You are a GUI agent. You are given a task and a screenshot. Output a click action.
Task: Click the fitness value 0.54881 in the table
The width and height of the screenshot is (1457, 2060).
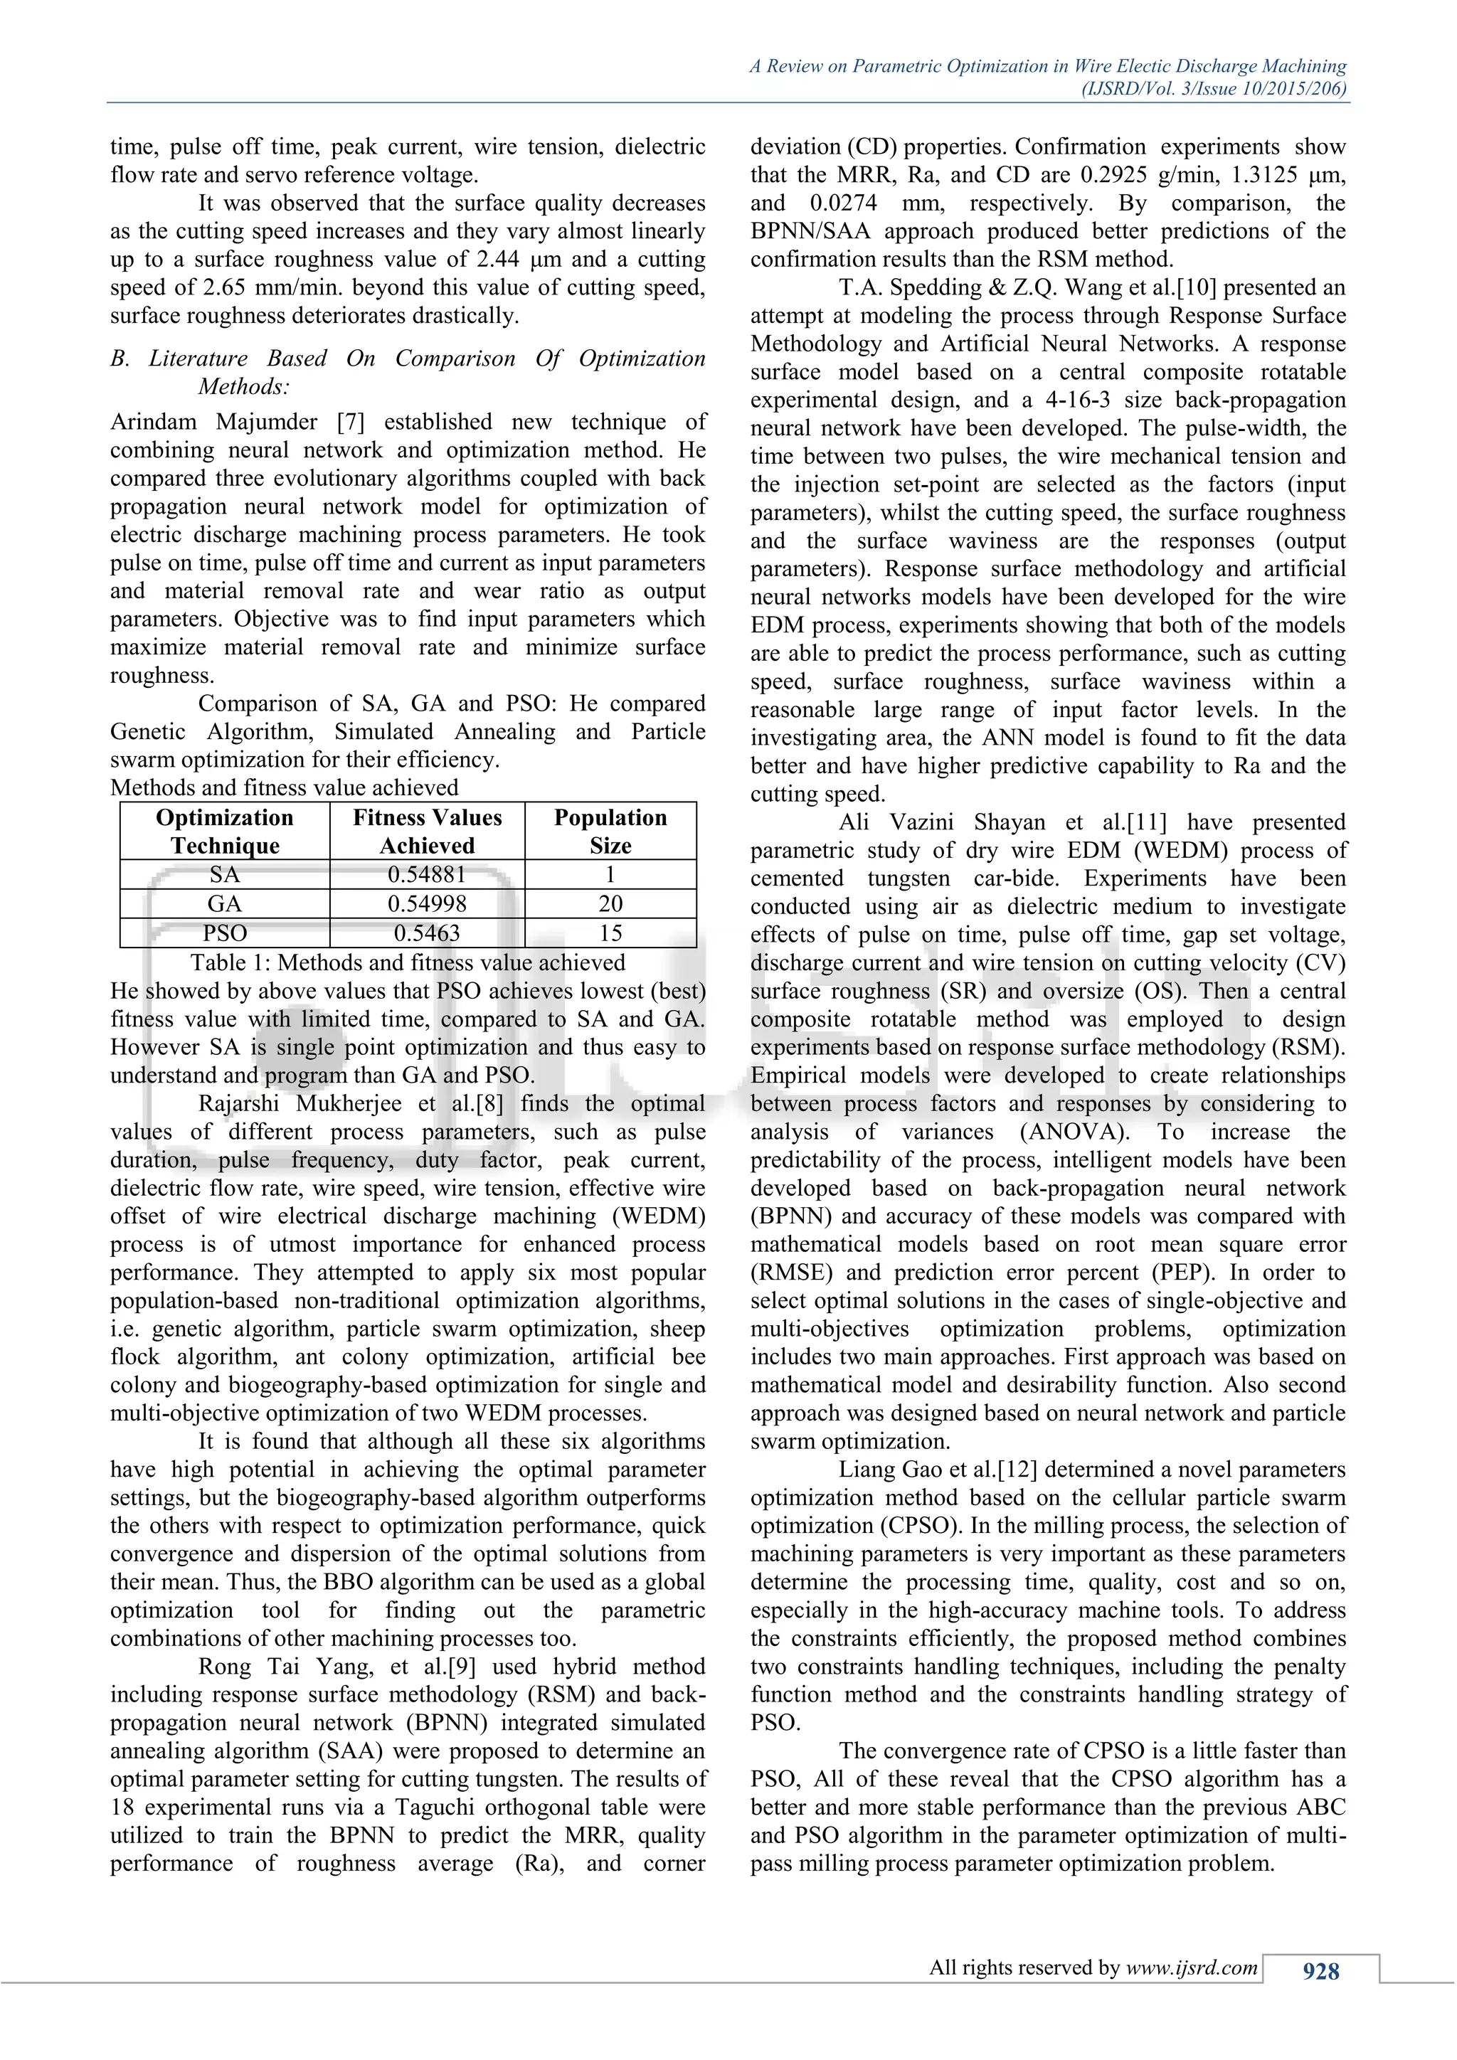click(x=427, y=874)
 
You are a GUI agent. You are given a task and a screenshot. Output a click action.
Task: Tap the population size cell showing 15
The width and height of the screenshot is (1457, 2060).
click(x=610, y=933)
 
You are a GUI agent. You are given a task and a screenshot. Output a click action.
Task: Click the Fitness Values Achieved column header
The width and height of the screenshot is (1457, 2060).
click(x=427, y=831)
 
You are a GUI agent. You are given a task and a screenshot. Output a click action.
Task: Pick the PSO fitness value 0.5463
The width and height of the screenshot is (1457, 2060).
click(x=427, y=933)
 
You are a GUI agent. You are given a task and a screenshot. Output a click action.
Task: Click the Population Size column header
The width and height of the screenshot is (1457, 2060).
click(x=610, y=831)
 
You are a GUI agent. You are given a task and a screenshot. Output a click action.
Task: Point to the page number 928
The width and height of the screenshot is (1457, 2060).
click(x=1320, y=1971)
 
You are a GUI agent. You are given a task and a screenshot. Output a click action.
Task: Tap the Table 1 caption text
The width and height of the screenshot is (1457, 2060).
click(x=408, y=962)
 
